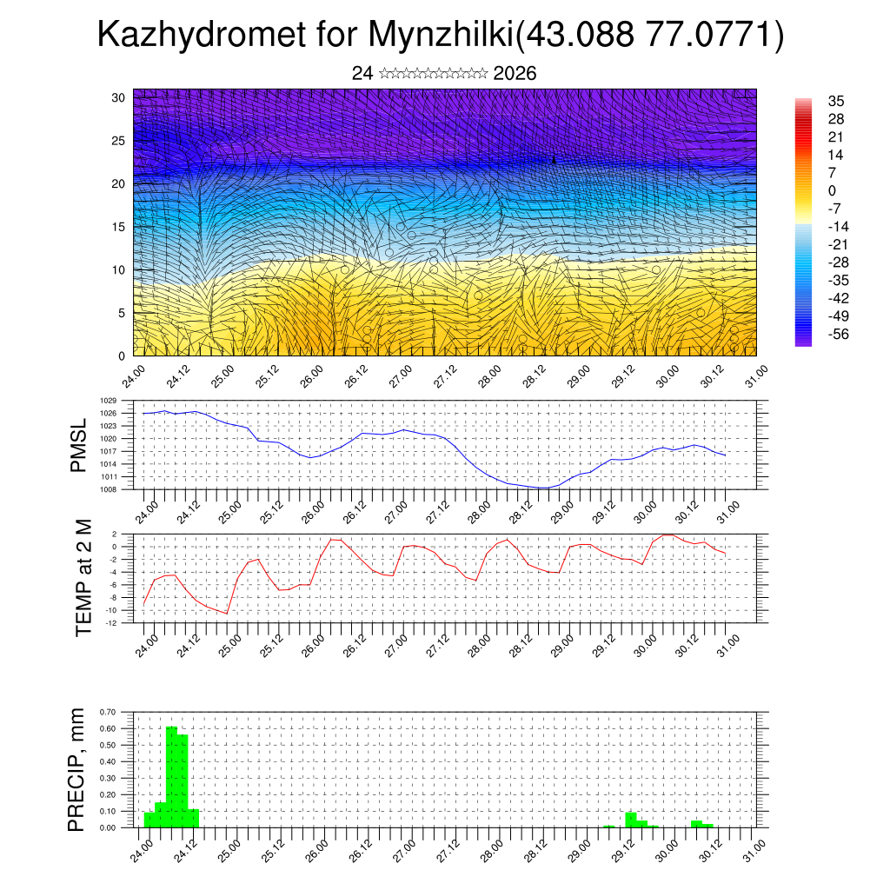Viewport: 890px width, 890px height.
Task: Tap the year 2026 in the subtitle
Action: click(515, 74)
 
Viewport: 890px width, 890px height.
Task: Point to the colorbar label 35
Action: click(836, 102)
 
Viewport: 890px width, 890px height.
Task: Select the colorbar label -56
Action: click(839, 335)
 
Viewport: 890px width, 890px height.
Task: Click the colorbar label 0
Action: click(832, 191)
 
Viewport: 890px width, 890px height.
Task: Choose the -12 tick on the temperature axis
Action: click(111, 623)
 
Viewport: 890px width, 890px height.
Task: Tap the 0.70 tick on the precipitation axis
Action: click(107, 712)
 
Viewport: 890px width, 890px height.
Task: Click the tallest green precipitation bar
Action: click(171, 774)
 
